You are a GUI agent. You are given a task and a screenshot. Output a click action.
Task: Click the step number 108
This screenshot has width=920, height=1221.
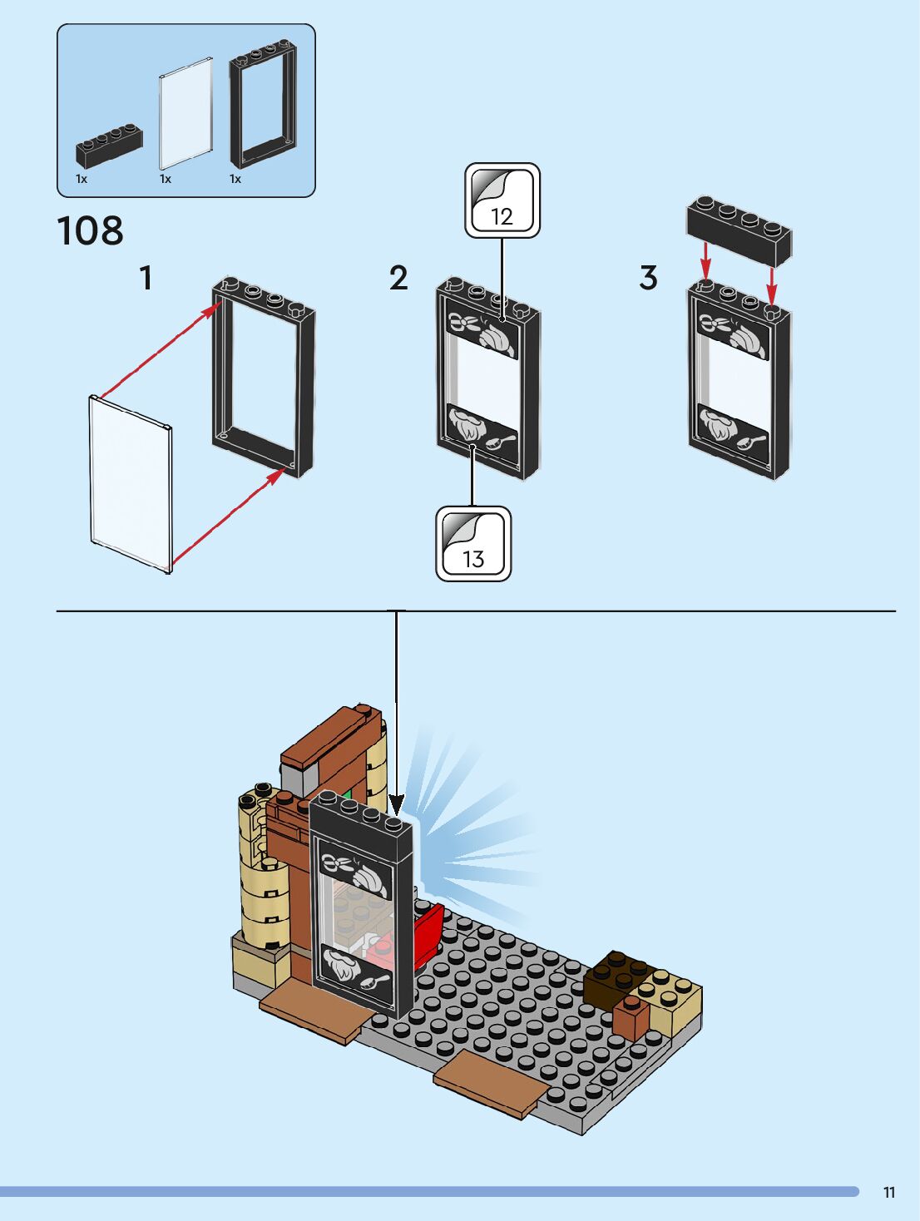click(90, 231)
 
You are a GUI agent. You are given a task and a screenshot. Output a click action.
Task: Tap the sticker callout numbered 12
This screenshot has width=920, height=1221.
click(502, 200)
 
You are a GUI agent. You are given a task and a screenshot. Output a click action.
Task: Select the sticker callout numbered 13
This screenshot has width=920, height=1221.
click(473, 543)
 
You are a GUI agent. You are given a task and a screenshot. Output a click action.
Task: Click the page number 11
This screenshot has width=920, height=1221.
click(889, 1192)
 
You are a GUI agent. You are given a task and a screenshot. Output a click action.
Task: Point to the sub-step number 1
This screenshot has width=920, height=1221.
click(146, 278)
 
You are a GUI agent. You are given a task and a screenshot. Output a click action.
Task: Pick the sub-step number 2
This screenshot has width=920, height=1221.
click(398, 278)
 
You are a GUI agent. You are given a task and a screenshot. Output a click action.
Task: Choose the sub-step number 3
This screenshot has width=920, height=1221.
click(649, 278)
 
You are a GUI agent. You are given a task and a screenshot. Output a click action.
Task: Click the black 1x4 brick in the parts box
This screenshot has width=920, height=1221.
click(110, 146)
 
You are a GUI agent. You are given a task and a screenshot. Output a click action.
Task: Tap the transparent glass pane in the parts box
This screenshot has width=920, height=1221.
click(185, 113)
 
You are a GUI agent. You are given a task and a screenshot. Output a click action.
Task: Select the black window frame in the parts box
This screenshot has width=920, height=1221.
click(263, 104)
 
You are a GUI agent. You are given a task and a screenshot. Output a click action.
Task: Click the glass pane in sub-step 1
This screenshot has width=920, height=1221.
click(131, 484)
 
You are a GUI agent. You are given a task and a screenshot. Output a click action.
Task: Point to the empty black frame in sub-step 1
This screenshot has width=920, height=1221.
click(264, 377)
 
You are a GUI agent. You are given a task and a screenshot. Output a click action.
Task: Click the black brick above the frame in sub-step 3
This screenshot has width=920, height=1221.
click(739, 231)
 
